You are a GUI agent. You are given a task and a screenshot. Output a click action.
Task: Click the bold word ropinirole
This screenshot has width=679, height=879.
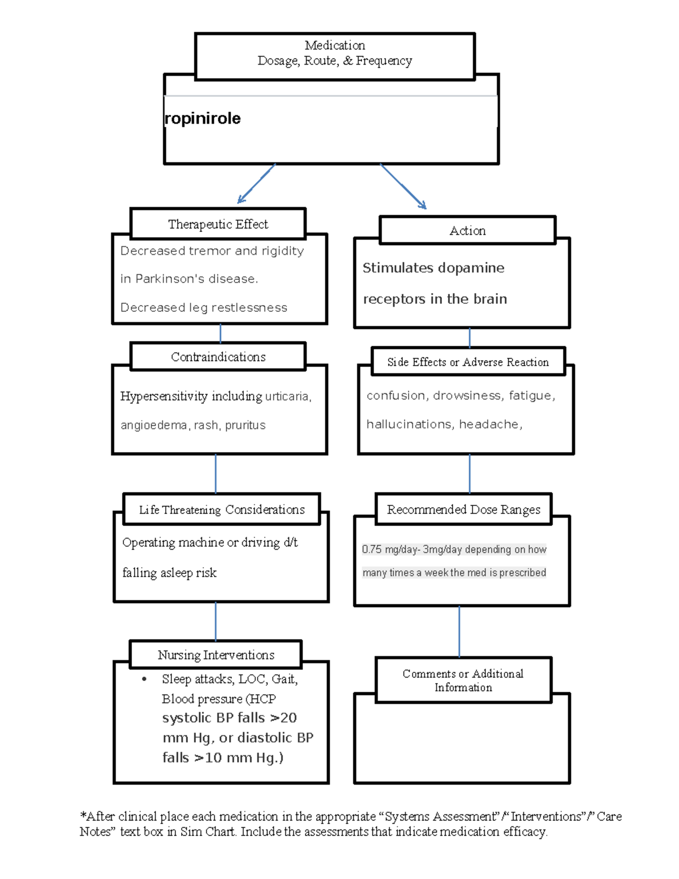point(203,118)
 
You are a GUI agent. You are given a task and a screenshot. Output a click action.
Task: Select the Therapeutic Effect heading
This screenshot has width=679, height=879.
point(218,224)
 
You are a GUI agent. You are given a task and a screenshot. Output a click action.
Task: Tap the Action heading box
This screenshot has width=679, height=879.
point(467,230)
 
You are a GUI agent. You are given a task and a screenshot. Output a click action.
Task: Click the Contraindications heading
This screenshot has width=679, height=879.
point(218,357)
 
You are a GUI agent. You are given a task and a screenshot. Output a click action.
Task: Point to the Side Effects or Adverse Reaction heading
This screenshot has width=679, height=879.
point(468,362)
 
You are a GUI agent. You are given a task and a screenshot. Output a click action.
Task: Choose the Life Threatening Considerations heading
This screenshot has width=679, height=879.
point(222,509)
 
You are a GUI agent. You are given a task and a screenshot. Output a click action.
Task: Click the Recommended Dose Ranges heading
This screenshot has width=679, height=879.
point(463,509)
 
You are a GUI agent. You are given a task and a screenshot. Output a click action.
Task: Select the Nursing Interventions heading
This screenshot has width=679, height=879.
point(216,655)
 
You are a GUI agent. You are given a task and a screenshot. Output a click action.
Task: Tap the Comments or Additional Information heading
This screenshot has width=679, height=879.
point(463,680)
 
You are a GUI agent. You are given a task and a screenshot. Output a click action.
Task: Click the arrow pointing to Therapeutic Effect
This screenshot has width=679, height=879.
point(256,184)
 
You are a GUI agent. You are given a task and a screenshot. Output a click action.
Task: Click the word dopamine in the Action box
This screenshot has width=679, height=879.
point(470,268)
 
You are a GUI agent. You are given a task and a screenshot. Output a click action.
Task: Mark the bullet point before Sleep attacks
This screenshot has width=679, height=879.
point(145,679)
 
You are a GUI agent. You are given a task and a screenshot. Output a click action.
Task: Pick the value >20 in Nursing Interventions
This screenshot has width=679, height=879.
point(283,718)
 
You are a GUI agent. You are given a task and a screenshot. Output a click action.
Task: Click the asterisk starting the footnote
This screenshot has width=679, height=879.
point(83,816)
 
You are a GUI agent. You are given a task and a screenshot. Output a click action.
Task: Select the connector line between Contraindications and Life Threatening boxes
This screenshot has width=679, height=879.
point(216,473)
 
